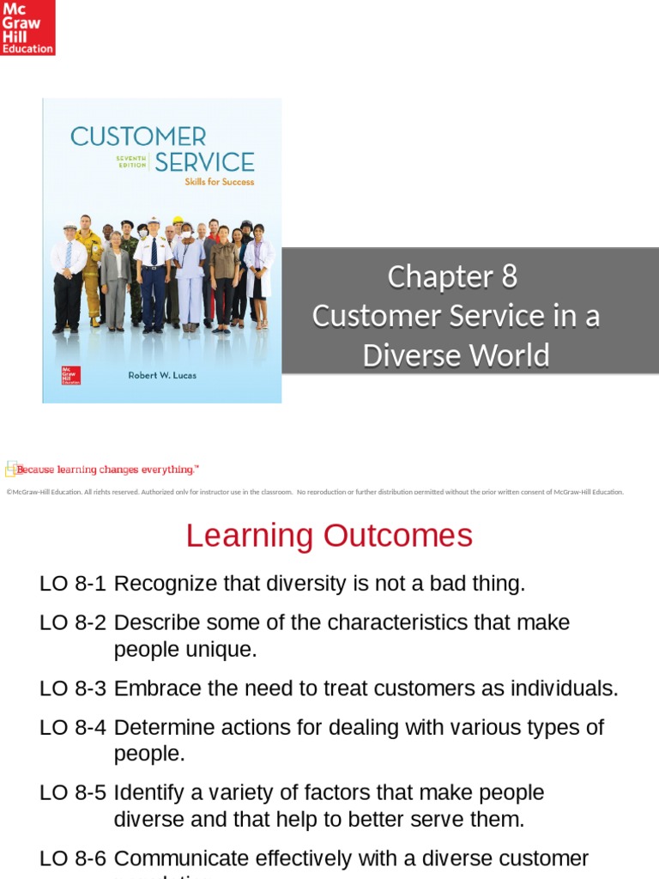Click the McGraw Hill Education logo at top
point(27,27)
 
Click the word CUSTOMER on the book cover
point(138,136)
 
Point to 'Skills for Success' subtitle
point(220,182)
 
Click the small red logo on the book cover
point(70,375)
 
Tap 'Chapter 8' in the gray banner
point(452,277)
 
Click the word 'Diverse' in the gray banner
point(407,355)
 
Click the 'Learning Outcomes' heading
point(329,536)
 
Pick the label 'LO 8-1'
point(73,584)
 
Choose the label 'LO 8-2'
point(73,622)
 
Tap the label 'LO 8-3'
point(73,688)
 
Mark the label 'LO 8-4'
point(73,727)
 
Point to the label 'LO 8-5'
point(73,792)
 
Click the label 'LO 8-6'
point(73,858)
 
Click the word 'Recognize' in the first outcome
point(165,584)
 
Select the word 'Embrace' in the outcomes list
point(155,688)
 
